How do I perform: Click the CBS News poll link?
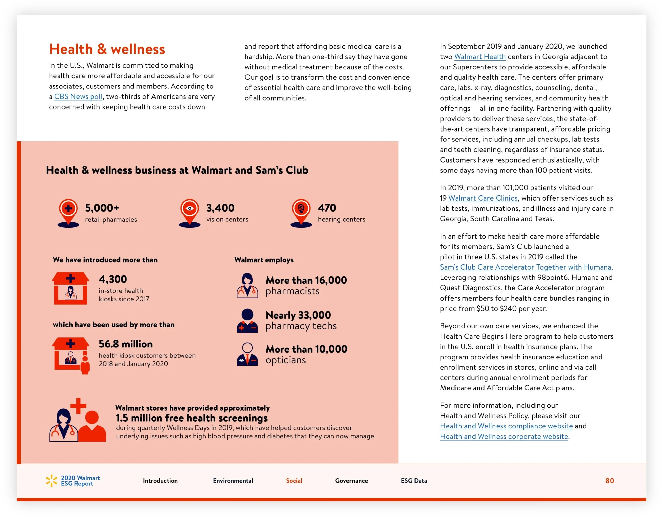[x=78, y=96]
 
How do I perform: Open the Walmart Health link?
[x=480, y=57]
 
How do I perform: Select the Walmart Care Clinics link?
[x=483, y=198]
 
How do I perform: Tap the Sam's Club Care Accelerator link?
[x=525, y=267]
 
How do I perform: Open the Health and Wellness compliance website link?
[x=506, y=426]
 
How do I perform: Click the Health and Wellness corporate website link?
[x=504, y=436]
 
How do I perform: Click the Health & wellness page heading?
[x=107, y=49]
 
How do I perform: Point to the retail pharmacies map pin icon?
[x=68, y=212]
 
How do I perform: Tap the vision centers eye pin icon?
[x=189, y=212]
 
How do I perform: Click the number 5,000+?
[x=102, y=208]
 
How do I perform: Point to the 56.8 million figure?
[x=126, y=344]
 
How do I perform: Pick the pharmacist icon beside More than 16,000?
[x=247, y=285]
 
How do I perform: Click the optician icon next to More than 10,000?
[x=247, y=354]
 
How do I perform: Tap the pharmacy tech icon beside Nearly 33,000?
[x=247, y=321]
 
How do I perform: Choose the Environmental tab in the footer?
[x=233, y=480]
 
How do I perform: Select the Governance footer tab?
[x=351, y=480]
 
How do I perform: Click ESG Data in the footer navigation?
[x=414, y=480]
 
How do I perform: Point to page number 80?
[x=609, y=480]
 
